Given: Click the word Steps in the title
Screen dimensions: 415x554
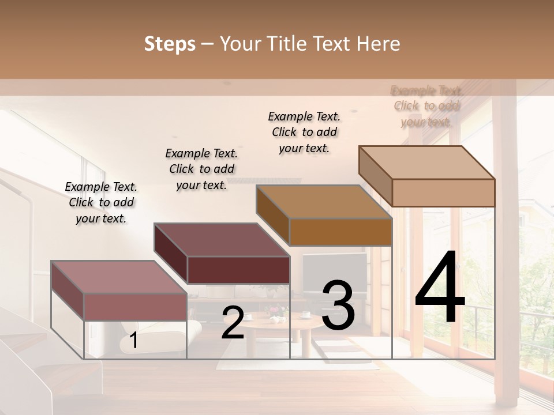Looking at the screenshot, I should [170, 44].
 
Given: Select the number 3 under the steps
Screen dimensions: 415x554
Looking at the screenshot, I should [338, 305].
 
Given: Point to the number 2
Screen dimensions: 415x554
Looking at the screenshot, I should [233, 323].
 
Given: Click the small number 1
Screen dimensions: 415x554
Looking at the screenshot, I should [133, 341].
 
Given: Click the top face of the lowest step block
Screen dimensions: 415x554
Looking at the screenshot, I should [119, 277].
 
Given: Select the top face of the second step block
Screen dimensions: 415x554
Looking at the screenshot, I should [222, 239].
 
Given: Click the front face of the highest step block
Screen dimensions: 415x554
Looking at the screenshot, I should [443, 193].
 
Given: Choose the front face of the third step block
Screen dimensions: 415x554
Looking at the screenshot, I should [340, 232].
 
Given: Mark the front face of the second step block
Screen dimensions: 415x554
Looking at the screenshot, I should [238, 270].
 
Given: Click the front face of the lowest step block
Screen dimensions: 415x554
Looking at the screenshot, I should [136, 307].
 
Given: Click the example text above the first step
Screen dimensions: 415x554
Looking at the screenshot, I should [101, 202].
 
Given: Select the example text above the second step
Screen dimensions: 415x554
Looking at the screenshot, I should [201, 169].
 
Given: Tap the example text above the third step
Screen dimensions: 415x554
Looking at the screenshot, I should [304, 132].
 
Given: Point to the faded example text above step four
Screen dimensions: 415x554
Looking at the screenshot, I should [426, 106].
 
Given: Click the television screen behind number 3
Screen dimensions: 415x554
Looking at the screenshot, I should [335, 268].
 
